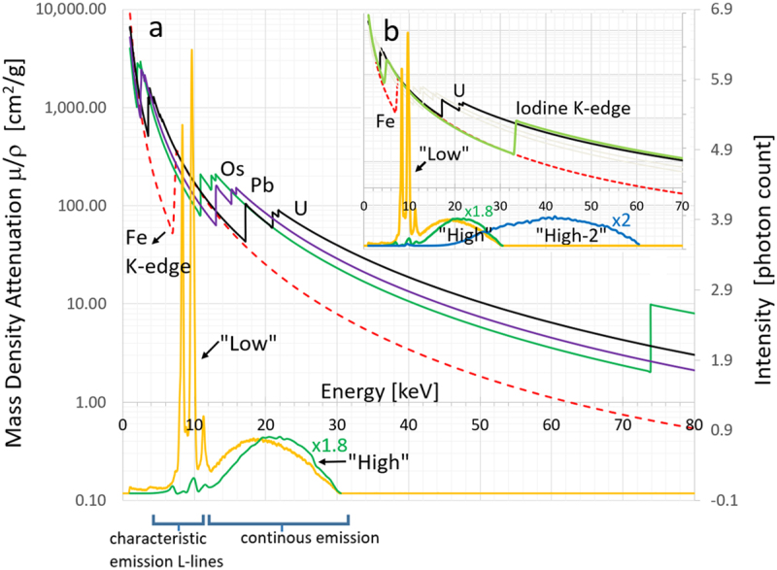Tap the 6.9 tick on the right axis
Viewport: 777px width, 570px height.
tap(720, 9)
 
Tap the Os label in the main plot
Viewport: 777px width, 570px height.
tap(232, 168)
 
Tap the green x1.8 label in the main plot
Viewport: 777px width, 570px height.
tap(330, 444)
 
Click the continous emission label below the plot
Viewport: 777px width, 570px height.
tap(295, 536)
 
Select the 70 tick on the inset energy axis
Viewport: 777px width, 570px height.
tap(682, 206)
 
